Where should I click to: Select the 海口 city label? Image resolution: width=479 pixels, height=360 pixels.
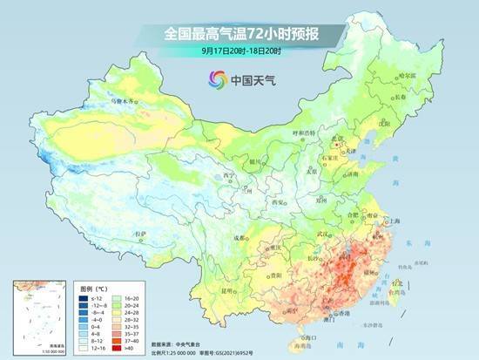(x=304, y=336)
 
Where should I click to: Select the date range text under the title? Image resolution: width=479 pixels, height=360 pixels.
(x=239, y=51)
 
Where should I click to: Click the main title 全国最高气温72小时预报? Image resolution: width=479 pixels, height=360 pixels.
(x=239, y=34)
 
